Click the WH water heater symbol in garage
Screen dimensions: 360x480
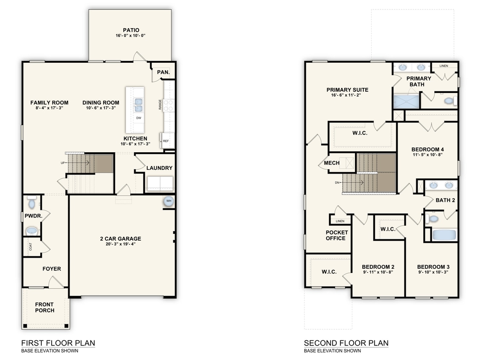169,201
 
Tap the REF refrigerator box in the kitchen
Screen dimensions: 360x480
166,141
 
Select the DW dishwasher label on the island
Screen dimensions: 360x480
139,118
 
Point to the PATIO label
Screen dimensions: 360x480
131,30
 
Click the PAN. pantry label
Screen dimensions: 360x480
163,73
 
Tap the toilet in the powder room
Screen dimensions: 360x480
31,202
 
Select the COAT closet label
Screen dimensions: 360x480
31,247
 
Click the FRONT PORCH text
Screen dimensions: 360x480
45,308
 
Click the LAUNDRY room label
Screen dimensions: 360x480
159,168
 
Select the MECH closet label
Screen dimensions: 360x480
332,163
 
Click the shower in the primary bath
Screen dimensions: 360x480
406,101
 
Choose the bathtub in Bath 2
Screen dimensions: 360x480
444,235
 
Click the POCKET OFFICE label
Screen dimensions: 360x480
337,235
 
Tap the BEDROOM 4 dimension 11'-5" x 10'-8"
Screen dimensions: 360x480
428,155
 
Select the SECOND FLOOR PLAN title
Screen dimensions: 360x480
346,343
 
